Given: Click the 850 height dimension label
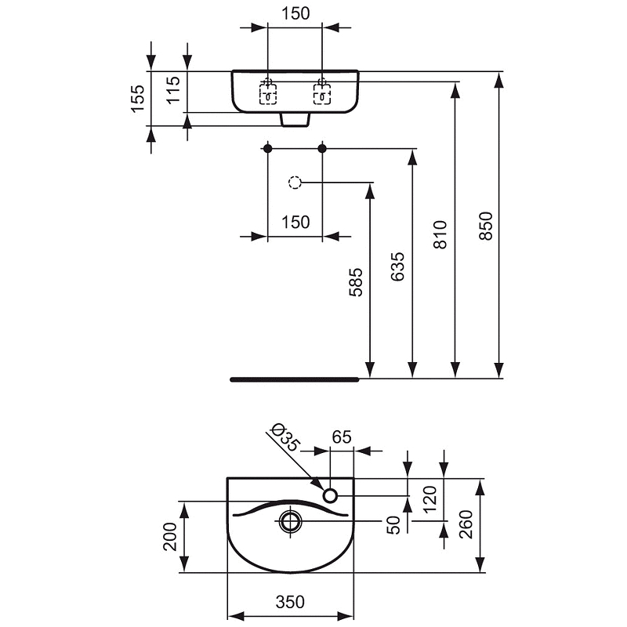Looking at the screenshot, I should (x=486, y=226).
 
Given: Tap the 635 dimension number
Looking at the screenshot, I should (x=397, y=266).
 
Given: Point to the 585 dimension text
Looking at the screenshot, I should (x=355, y=283).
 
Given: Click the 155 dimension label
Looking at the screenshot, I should (x=138, y=99).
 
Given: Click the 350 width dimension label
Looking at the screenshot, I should (x=290, y=602).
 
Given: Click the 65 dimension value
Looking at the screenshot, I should (x=341, y=437).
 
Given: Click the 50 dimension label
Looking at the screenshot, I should (x=393, y=524).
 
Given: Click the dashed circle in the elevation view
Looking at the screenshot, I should (x=294, y=183).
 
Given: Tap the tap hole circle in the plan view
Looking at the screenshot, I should (x=330, y=495).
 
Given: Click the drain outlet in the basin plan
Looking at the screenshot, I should (x=291, y=520).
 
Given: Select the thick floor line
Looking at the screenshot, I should (x=294, y=379).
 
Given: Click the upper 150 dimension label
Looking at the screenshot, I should (x=295, y=13).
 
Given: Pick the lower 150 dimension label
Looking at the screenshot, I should (x=295, y=222).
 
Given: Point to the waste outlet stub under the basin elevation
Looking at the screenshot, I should (x=295, y=119).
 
